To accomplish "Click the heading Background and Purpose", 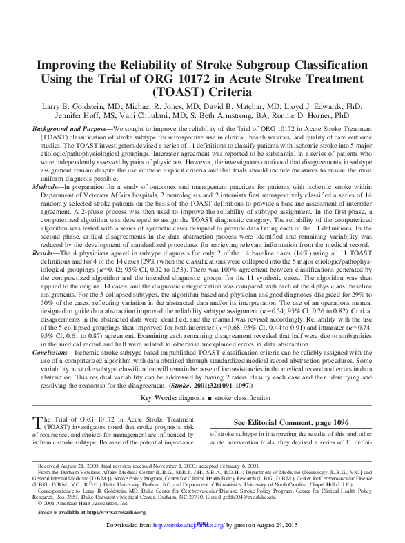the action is click(x=72, y=130).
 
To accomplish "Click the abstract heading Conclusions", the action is click(x=53, y=352).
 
